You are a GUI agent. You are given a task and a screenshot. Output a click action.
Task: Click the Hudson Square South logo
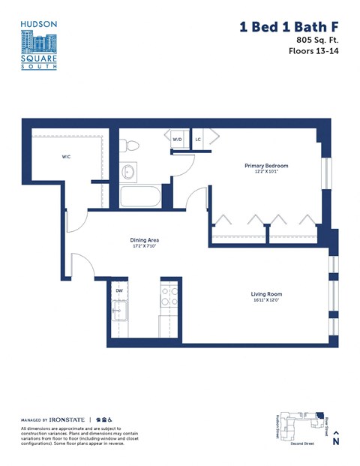(38, 45)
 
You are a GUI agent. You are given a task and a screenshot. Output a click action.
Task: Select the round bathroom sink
(128, 172)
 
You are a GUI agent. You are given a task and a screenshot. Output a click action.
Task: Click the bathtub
(140, 197)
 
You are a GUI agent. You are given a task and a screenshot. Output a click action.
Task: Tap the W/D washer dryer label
(178, 140)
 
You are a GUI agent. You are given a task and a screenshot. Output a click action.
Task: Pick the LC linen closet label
(199, 140)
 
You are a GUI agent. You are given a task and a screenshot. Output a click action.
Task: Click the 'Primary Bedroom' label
(265, 166)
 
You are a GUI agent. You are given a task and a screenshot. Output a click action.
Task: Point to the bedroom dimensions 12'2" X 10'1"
(265, 173)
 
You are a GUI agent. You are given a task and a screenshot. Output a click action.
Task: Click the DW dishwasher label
(118, 290)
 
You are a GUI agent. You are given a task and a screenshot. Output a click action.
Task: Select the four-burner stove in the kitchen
(169, 295)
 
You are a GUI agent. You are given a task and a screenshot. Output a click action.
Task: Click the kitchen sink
(119, 310)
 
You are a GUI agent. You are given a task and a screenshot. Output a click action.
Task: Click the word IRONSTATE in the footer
(68, 419)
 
